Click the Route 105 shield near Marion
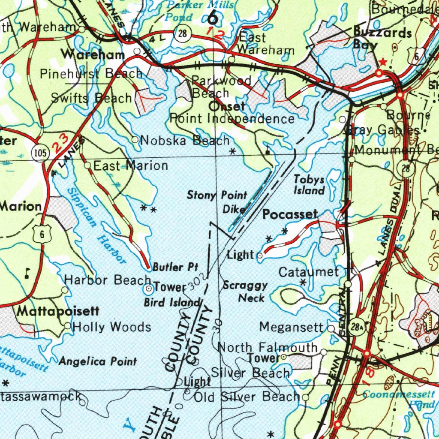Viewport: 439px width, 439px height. point(39,153)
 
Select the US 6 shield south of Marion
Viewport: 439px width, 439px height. point(42,234)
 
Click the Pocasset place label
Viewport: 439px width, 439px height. point(290,214)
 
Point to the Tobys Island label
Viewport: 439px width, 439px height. point(309,185)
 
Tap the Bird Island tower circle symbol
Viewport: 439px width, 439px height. point(148,289)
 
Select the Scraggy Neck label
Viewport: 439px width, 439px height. point(245,292)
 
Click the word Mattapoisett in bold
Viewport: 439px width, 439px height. point(58,311)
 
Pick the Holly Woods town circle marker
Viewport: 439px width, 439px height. point(67,326)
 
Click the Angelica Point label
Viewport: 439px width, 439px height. point(98,361)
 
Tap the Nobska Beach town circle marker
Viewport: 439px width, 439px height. point(135,139)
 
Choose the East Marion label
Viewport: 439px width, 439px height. point(131,165)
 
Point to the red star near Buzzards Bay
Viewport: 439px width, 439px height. point(383,63)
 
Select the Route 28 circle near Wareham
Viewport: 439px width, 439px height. point(183,35)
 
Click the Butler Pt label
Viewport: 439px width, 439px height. point(175,267)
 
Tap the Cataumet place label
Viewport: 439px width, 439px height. point(309,272)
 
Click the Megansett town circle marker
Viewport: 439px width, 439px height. point(331,328)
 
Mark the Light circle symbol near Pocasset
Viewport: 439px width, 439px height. point(260,256)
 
